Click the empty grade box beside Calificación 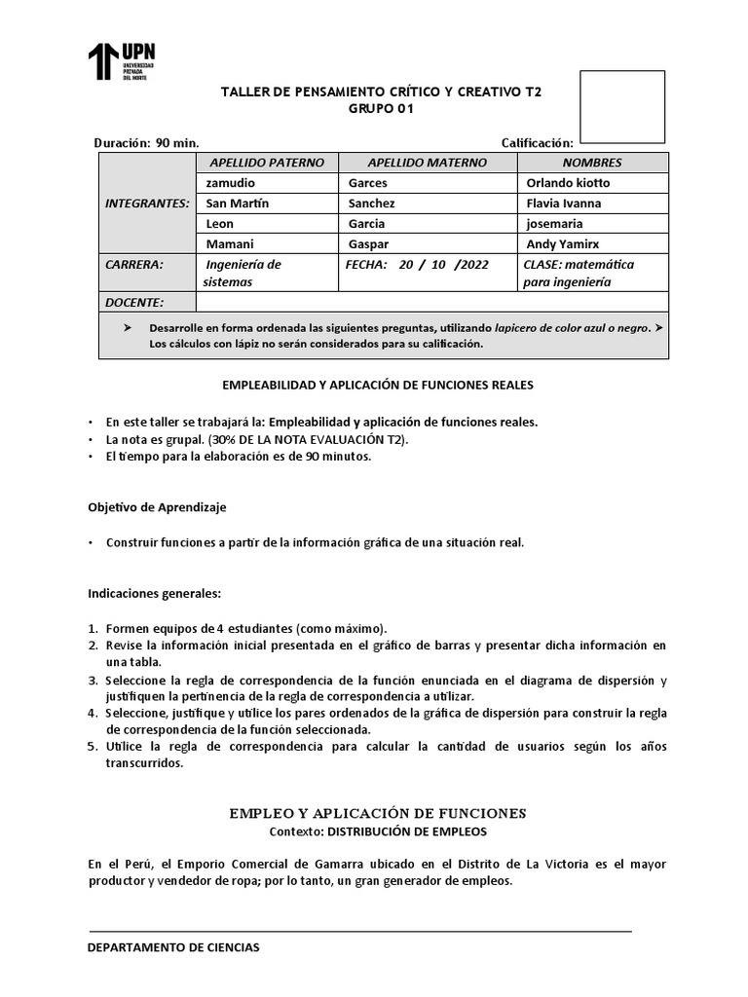coord(621,105)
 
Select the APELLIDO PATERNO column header coord(267,163)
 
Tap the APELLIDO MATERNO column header coord(427,163)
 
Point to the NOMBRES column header coord(592,163)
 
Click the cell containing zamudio coord(232,183)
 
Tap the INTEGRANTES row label coord(146,203)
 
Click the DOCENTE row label coord(134,303)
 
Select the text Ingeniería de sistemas coord(243,273)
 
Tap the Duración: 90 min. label coord(147,143)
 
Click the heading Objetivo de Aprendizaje coord(158,507)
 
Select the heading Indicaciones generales coord(155,592)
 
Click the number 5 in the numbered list coord(93,747)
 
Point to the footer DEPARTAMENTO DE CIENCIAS coord(174,947)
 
